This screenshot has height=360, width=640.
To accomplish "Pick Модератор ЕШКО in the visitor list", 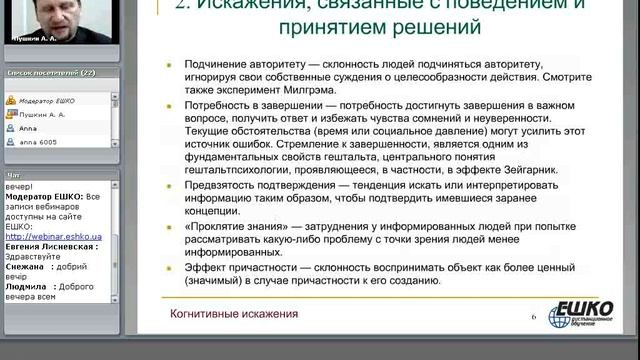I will (x=43, y=100).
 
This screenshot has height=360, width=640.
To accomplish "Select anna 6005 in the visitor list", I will (x=37, y=142).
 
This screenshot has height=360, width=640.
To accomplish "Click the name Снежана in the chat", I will (x=27, y=267).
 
